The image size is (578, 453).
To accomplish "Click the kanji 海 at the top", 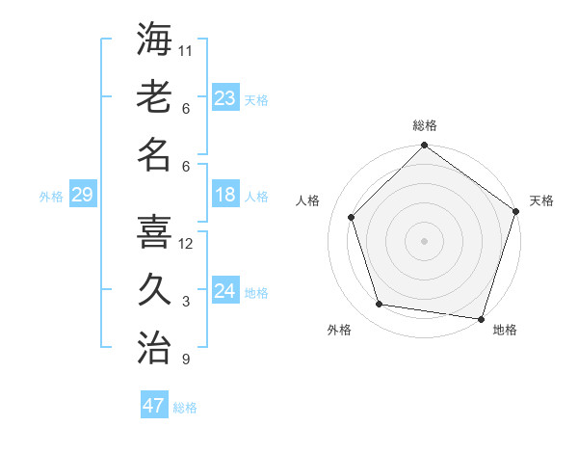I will tap(154, 40).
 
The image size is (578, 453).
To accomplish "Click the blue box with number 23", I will tap(225, 97).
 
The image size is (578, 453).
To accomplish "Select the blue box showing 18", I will tap(225, 195).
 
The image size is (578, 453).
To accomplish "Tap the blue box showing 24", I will tap(225, 291).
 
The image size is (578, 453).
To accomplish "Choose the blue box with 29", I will tap(82, 195).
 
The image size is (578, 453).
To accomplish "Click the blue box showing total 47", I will tap(154, 406).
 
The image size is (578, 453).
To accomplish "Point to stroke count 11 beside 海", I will tap(186, 50).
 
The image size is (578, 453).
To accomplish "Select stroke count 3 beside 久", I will tap(186, 302).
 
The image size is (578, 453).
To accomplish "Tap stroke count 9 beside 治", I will tap(186, 360).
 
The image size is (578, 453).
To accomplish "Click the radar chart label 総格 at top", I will tap(424, 125).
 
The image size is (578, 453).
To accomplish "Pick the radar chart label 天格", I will tap(541, 200).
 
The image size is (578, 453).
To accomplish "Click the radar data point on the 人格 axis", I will tap(352, 217).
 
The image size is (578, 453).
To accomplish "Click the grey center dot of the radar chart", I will tap(424, 240).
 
